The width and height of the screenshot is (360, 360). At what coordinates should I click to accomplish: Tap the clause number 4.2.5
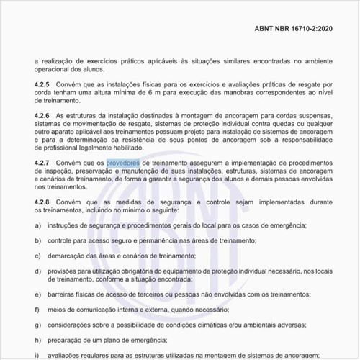tap(42, 84)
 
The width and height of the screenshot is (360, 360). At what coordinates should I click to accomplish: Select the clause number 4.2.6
tap(42, 115)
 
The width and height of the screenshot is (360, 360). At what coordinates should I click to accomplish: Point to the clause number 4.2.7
tap(42, 163)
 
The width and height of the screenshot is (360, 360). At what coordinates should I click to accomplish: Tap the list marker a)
tap(37, 226)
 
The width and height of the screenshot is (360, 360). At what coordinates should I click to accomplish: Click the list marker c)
tap(37, 256)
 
